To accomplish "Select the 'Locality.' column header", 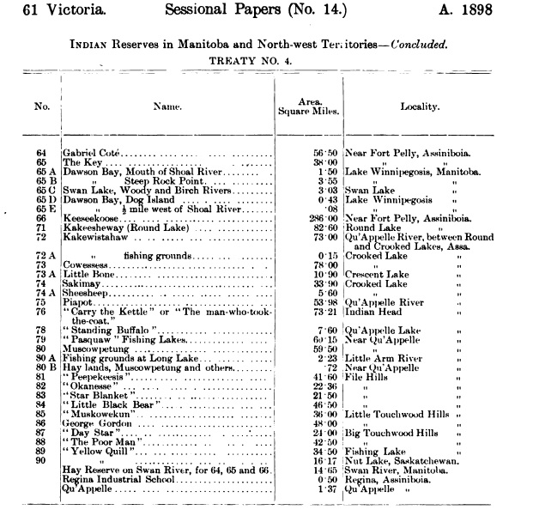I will tap(420, 108).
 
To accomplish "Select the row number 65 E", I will tap(45, 209).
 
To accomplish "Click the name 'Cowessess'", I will tap(89, 265).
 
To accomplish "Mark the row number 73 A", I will tap(45, 275).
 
